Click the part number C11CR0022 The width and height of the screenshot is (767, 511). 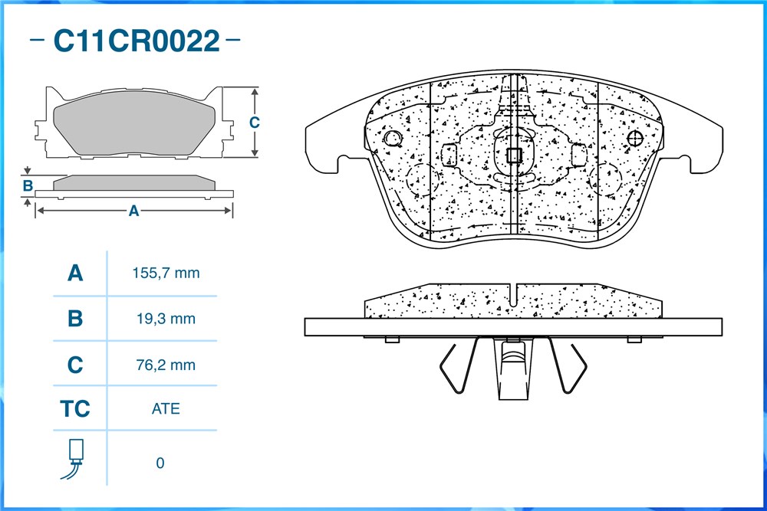[x=137, y=41]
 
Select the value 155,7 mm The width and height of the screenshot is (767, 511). [x=166, y=273]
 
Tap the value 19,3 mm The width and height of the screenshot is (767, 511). [x=166, y=319]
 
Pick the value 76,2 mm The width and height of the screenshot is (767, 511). [x=166, y=365]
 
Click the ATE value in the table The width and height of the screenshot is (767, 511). [x=166, y=408]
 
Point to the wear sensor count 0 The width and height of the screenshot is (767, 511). [x=160, y=463]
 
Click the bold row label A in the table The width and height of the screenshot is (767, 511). [x=75, y=273]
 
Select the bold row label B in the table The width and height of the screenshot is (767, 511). [x=75, y=319]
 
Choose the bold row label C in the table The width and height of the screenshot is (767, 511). [x=75, y=365]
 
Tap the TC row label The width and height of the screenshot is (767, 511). [x=75, y=409]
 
